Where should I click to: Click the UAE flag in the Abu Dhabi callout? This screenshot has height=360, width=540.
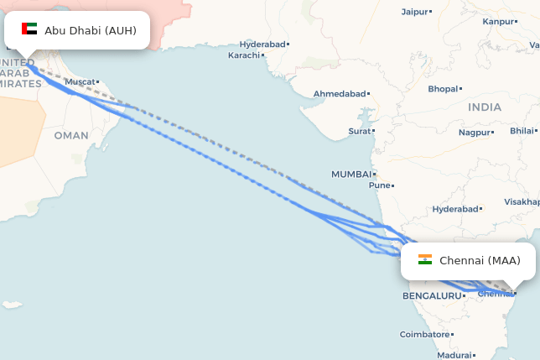click(29, 29)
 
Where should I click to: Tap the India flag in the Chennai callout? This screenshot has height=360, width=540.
click(425, 260)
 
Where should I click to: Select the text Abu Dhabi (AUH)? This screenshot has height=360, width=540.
click(91, 30)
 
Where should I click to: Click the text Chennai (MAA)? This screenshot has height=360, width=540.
click(480, 261)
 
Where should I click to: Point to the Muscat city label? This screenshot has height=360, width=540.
click(80, 82)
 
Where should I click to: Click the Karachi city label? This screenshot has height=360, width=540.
click(244, 55)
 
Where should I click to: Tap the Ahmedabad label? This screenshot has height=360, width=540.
click(340, 93)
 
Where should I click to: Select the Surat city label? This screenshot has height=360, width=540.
click(359, 132)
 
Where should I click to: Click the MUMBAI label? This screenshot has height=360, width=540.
click(350, 175)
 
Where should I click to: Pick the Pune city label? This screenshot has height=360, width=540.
click(380, 185)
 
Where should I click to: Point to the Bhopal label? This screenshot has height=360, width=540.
click(442, 89)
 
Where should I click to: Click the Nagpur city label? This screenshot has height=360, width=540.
click(475, 132)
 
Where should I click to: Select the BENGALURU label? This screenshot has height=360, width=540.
click(432, 296)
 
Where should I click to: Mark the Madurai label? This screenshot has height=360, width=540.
click(454, 355)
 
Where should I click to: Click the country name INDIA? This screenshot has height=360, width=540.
click(485, 107)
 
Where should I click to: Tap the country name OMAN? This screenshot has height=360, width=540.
click(70, 135)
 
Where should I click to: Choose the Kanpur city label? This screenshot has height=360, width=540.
click(499, 21)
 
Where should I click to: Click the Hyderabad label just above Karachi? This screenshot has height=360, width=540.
click(262, 44)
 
